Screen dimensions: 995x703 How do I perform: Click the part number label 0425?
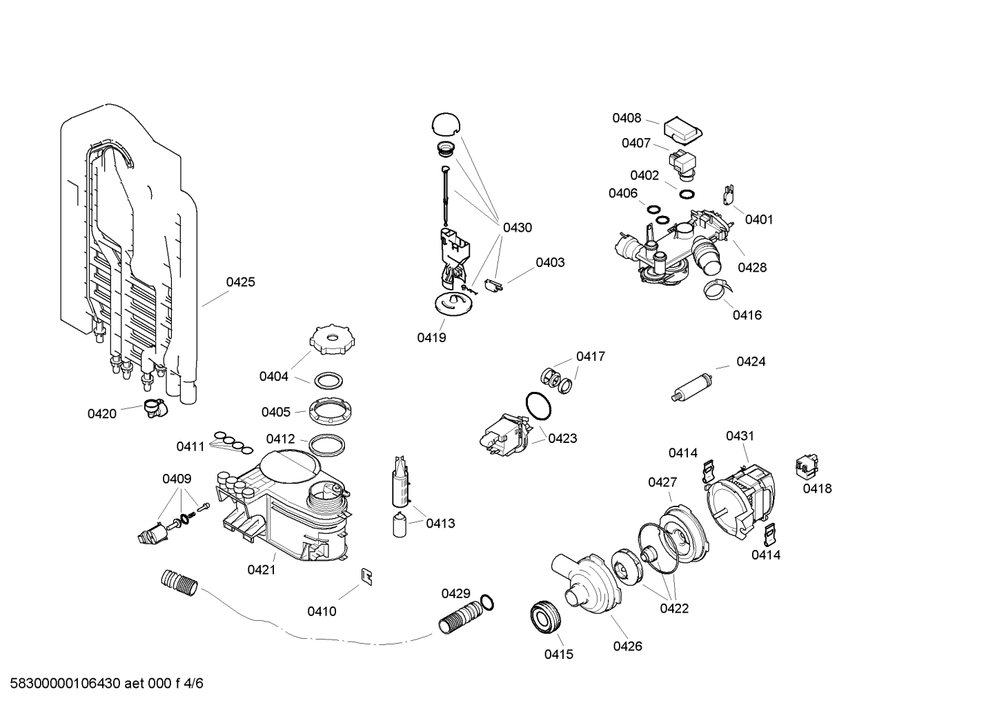[240, 282]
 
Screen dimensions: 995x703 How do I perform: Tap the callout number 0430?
[518, 228]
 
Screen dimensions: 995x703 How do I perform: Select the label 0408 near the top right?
[627, 118]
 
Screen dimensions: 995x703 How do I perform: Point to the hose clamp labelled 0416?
[716, 290]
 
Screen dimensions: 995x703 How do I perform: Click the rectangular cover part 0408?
[682, 130]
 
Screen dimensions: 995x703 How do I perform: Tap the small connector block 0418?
[807, 467]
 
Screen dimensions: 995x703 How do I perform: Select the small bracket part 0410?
[366, 577]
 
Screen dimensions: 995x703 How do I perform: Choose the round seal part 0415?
[546, 616]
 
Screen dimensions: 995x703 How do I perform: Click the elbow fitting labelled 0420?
[155, 408]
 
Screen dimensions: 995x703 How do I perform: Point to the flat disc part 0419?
[453, 304]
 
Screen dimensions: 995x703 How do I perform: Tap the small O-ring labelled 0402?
[687, 195]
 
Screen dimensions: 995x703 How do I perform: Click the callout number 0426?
[628, 646]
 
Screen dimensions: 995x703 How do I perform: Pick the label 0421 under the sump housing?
[262, 569]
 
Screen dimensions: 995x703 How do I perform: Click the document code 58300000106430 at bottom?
[66, 683]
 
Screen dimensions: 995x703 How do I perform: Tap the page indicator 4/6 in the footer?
[193, 683]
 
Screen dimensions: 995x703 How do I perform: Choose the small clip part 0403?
[493, 285]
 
